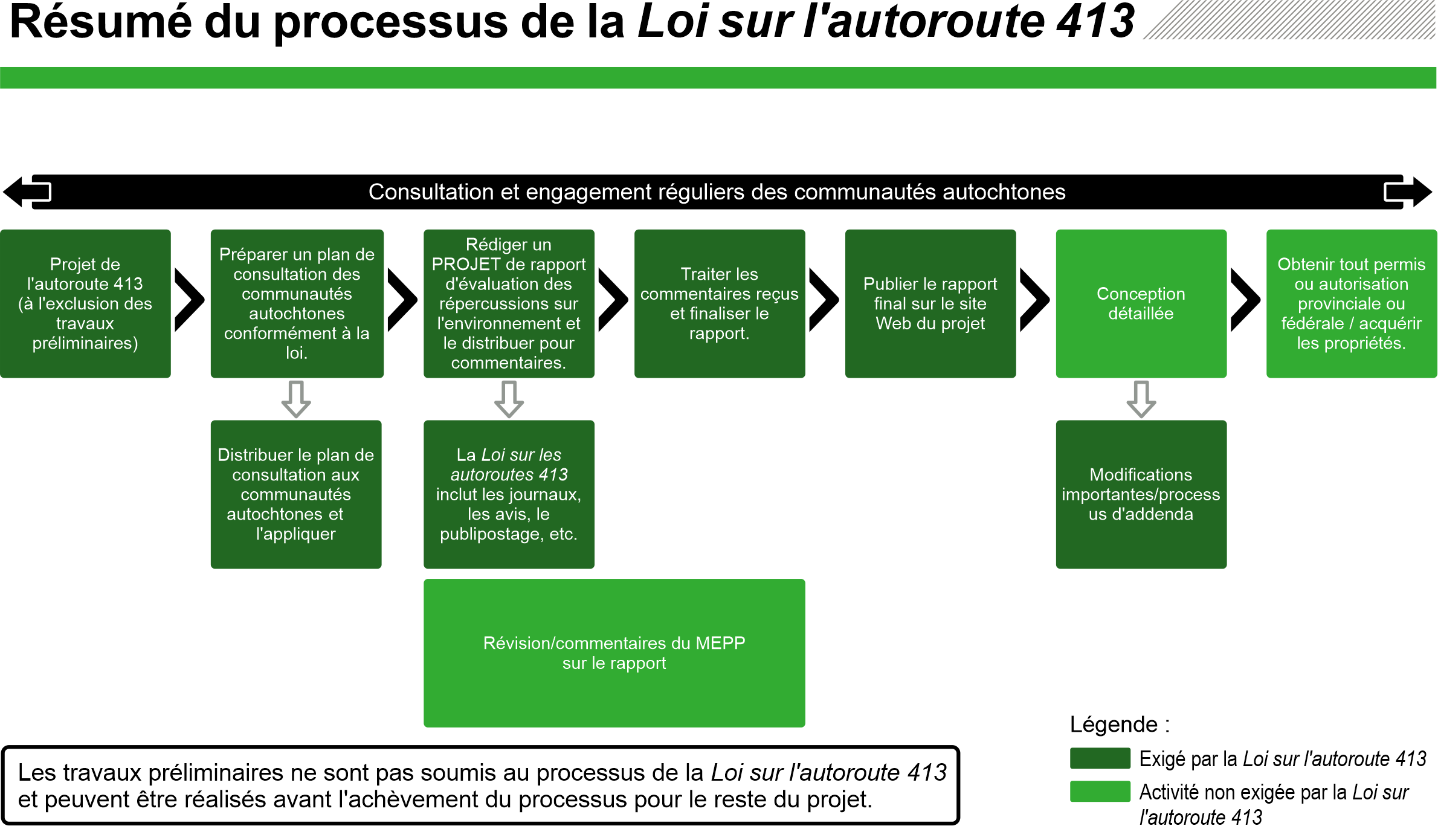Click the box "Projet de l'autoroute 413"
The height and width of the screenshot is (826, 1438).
85,303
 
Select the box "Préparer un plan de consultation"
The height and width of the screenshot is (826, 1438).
297,303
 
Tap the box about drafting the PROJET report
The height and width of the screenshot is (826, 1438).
509,303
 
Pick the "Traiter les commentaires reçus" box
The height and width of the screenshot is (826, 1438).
719,303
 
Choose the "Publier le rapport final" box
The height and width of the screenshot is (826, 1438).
930,303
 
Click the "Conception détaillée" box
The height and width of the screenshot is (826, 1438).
1141,303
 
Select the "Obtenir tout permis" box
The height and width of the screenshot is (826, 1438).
1351,303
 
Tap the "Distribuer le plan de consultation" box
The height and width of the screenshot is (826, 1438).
296,494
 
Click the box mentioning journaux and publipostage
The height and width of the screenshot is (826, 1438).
509,494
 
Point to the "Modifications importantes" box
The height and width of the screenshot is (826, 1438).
1141,494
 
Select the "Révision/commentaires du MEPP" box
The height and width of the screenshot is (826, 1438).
614,653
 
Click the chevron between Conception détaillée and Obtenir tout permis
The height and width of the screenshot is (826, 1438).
1245,300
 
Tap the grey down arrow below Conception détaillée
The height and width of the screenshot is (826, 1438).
1141,399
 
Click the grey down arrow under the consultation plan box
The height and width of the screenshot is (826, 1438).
296,399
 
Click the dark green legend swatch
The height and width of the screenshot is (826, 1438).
1100,758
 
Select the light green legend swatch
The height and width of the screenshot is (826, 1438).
1100,792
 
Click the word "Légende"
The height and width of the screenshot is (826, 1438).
1114,724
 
